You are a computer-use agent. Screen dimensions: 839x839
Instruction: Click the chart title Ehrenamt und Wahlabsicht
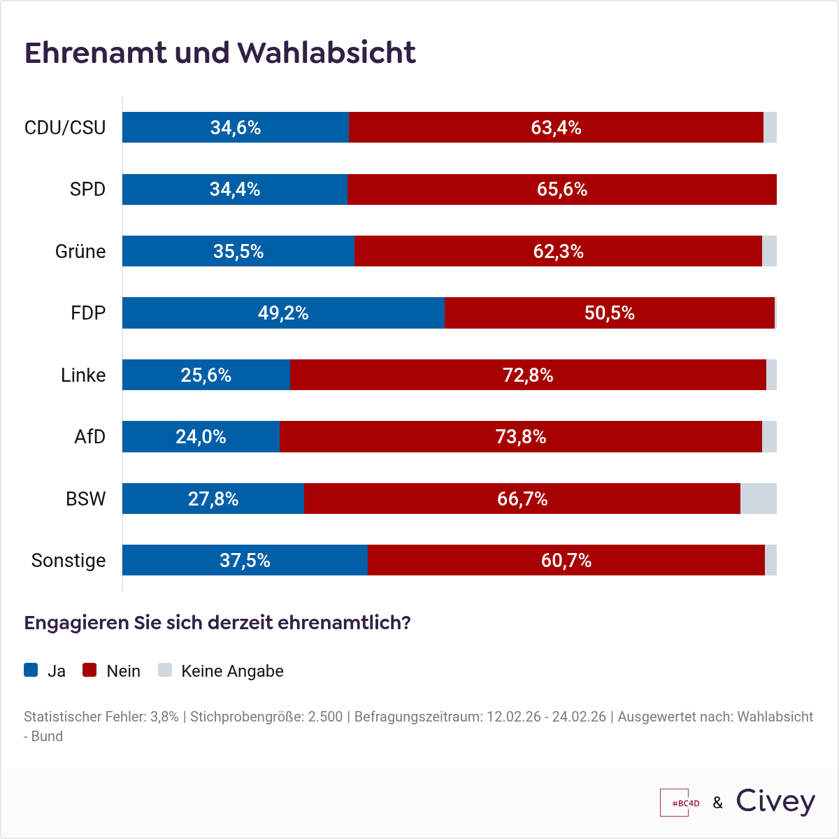click(220, 53)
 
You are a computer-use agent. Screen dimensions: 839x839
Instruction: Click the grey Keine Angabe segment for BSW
click(758, 499)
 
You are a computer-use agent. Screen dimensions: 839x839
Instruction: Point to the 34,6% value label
click(236, 127)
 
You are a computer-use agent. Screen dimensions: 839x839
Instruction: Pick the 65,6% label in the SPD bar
click(562, 189)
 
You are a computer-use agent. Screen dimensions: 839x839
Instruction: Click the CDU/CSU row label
click(65, 127)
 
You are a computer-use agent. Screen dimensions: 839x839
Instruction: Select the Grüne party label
click(80, 251)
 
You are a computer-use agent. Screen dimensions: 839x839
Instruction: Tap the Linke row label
click(83, 375)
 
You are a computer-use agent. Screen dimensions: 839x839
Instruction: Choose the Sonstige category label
click(69, 560)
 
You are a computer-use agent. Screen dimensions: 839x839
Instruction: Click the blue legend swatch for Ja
click(31, 670)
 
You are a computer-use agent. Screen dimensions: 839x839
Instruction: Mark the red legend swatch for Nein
click(89, 670)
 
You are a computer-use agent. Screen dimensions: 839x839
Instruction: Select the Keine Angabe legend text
click(232, 671)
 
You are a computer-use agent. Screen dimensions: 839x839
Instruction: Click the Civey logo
click(775, 802)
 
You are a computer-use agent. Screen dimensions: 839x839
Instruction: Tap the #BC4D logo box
click(680, 803)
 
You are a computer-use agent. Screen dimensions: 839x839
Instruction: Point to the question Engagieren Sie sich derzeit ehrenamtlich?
click(217, 622)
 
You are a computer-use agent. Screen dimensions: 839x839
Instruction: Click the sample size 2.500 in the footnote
click(326, 717)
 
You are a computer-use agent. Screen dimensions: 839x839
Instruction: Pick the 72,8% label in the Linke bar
click(528, 375)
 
